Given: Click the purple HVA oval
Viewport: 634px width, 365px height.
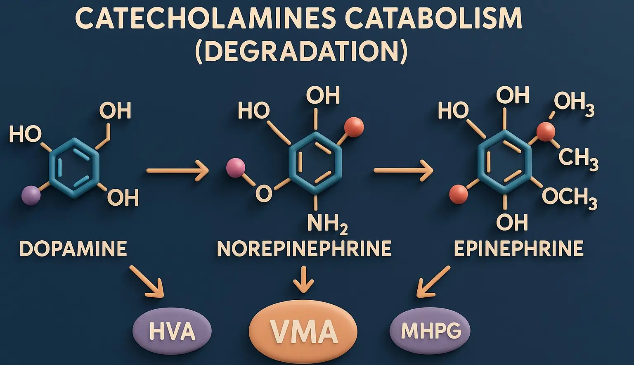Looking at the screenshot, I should (x=172, y=331).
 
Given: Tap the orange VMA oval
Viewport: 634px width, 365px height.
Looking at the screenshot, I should (x=303, y=332).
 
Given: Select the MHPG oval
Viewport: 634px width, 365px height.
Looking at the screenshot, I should (x=430, y=330).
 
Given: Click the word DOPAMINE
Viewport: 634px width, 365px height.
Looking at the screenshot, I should (x=73, y=249).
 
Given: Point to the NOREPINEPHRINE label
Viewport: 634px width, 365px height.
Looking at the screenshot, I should (x=304, y=249).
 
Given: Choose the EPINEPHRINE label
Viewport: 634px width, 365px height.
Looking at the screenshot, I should (x=518, y=249).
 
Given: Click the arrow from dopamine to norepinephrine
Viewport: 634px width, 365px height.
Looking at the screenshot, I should (x=177, y=170).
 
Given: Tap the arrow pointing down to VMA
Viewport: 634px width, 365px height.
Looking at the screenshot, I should (x=304, y=280).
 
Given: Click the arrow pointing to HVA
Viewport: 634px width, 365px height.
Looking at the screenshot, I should (x=147, y=282).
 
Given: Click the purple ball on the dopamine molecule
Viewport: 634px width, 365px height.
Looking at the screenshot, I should (x=31, y=195).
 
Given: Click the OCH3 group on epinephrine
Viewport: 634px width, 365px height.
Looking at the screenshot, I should (x=569, y=197).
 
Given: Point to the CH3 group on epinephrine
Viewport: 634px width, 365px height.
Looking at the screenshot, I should (x=578, y=158).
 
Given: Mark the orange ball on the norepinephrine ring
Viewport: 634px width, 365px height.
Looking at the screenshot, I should (x=354, y=127).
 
